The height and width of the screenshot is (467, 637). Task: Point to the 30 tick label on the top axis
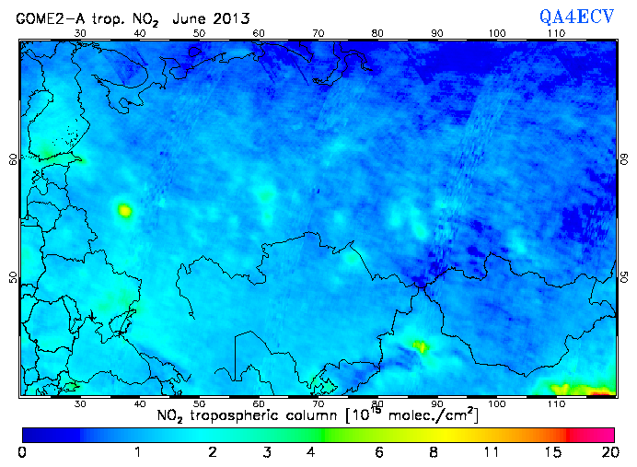tap(80, 32)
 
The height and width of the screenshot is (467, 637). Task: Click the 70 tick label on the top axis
tap(318, 32)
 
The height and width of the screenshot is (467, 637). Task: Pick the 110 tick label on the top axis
tap(556, 32)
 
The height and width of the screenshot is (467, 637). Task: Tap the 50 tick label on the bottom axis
tap(199, 404)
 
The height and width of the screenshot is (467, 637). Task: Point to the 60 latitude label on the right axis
tap(623, 158)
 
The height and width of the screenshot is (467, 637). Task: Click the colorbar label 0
tap(22, 453)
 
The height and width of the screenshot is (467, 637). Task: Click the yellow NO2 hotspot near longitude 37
tap(124, 211)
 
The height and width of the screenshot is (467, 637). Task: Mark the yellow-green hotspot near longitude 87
tap(421, 346)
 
